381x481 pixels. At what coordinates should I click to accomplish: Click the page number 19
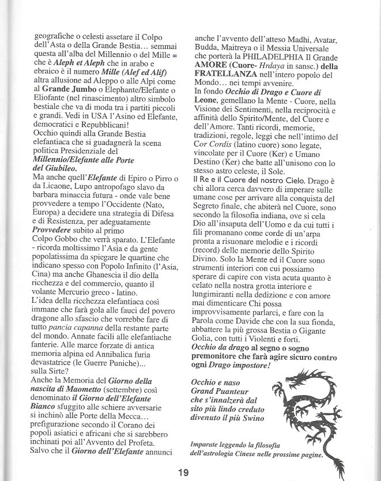tap(183, 473)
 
